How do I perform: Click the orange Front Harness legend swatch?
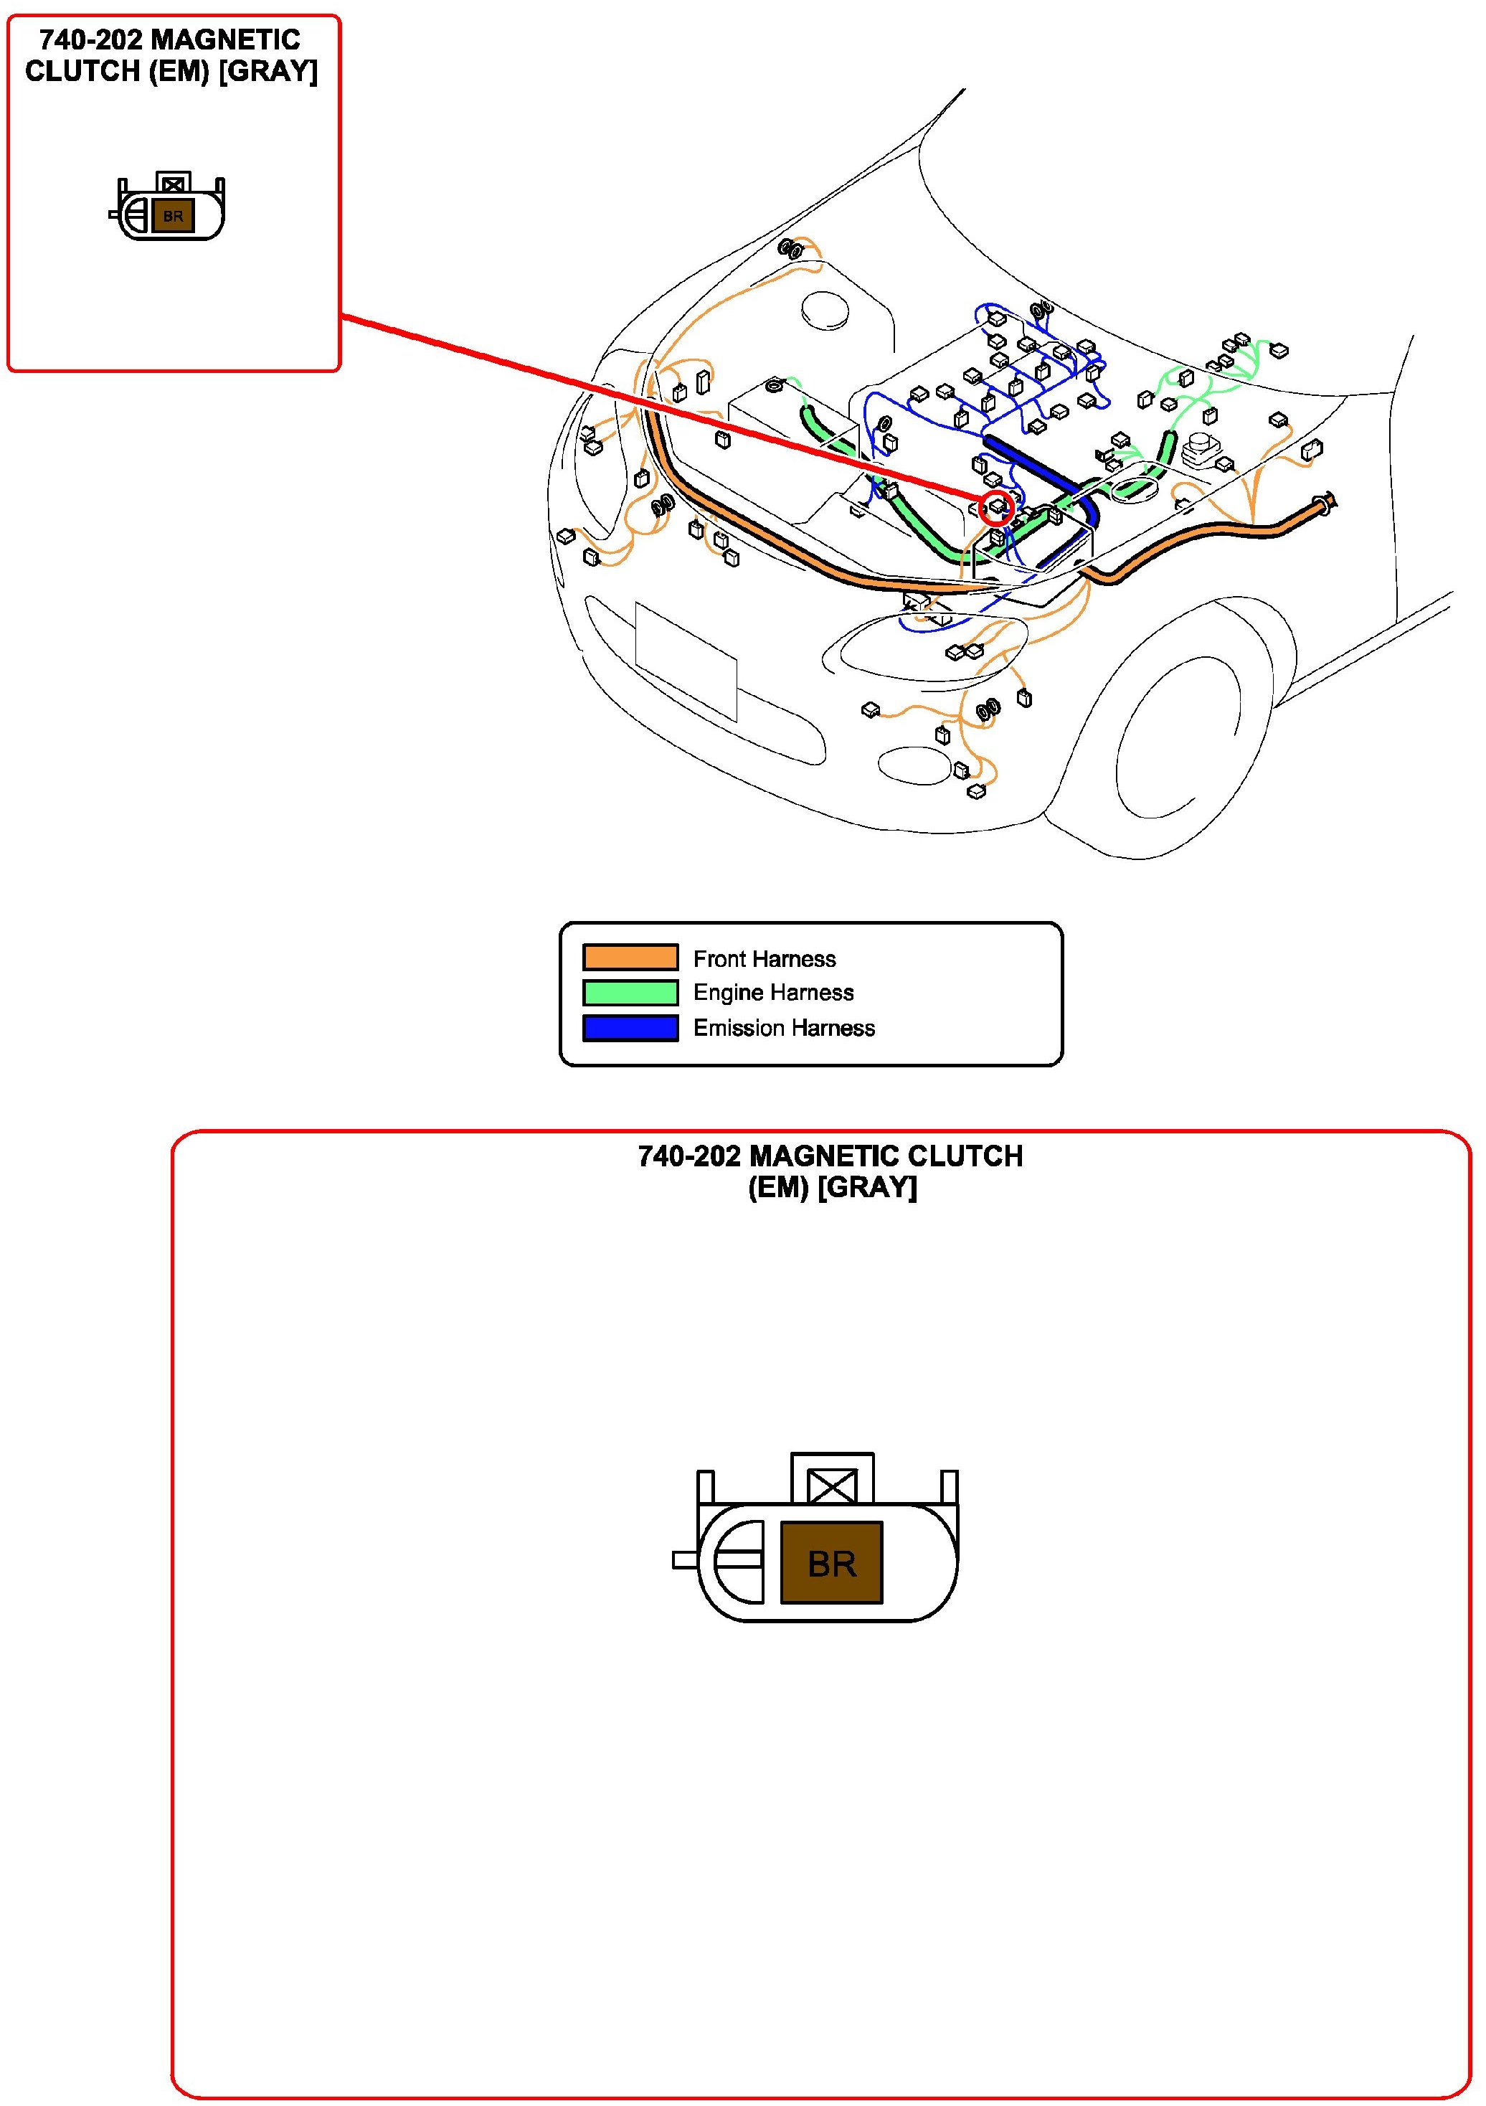point(630,957)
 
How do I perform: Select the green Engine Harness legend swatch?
point(630,993)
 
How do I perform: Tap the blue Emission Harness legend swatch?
point(630,1027)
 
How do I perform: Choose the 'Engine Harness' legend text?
point(773,993)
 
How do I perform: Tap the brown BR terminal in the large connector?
point(831,1563)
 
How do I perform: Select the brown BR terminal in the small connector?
point(172,217)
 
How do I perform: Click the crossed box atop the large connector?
point(832,1485)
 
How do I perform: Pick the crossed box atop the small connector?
point(172,184)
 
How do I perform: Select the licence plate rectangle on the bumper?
point(686,661)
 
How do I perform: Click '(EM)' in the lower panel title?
point(778,1187)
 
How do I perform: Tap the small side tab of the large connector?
point(684,1559)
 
